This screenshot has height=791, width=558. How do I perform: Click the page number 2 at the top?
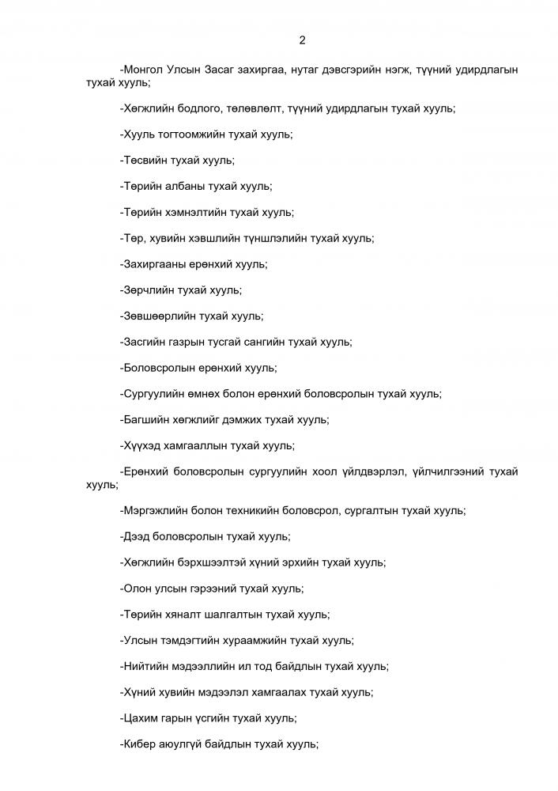click(x=302, y=40)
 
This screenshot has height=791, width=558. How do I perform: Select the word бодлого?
click(x=191, y=108)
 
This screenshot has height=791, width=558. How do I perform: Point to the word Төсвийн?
click(x=145, y=161)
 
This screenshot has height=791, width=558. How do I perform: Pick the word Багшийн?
click(x=147, y=420)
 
